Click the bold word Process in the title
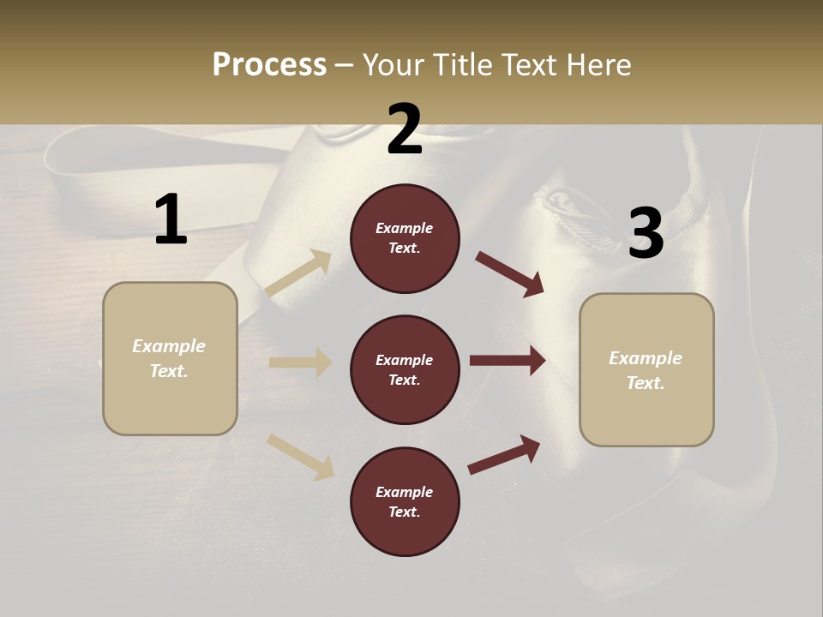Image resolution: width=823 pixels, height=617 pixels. coord(269,65)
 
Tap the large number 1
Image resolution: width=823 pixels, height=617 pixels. coord(171,219)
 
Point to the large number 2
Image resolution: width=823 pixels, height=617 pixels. coord(405,130)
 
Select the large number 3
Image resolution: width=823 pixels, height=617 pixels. coord(646,233)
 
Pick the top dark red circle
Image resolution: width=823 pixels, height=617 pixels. coord(405,238)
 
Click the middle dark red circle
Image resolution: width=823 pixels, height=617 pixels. coord(405,370)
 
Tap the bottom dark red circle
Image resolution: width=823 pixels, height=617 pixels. coord(405,502)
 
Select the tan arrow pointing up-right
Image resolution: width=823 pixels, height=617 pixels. coord(297,273)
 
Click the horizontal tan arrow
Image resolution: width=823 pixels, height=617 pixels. coord(300,362)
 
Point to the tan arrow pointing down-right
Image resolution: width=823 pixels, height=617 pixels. coord(300,456)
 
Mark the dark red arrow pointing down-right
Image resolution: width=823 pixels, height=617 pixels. coord(509,273)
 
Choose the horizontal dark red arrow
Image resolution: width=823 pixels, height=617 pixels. coord(507,361)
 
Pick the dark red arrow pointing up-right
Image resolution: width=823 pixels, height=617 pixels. coord(504,455)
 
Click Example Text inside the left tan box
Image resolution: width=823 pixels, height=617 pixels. coord(169,358)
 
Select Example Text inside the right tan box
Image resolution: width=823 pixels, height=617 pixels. coord(646,370)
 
